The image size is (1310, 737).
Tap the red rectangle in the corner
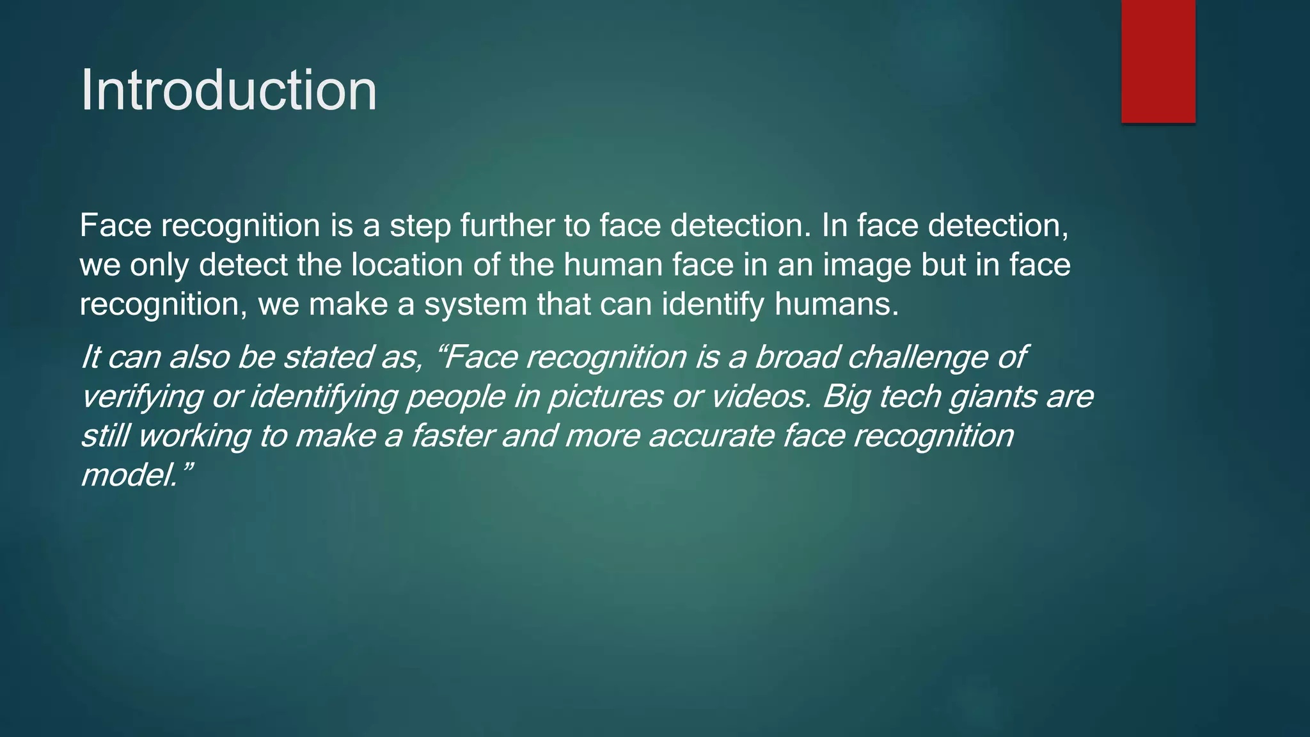click(1158, 61)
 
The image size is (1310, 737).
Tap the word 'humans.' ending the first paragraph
click(837, 305)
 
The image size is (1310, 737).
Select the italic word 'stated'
click(327, 357)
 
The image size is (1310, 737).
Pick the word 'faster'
click(452, 436)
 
